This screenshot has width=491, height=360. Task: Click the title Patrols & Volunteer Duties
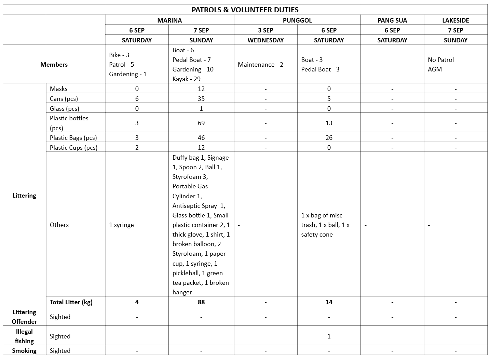245,10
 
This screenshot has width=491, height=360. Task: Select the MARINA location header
169,20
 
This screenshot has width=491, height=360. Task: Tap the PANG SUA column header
392,20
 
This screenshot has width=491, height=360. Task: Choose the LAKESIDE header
455,20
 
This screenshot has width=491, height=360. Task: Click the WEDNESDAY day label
265,40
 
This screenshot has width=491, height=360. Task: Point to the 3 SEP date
265,30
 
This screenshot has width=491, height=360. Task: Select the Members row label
54,64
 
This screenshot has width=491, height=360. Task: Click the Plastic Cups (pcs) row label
73,147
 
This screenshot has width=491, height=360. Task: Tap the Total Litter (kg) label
71,302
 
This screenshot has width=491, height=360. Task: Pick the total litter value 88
201,302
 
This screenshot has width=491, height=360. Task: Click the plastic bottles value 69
201,123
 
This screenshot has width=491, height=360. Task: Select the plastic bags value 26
329,137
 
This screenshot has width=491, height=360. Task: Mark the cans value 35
201,98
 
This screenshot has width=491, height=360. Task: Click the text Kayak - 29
186,79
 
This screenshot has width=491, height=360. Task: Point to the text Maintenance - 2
260,64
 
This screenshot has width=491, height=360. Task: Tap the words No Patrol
441,59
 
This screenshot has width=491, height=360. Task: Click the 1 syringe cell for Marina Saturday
121,225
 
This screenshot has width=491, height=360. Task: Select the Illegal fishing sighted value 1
329,336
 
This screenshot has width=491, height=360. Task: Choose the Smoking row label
24,350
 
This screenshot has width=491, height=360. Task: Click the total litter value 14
329,302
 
